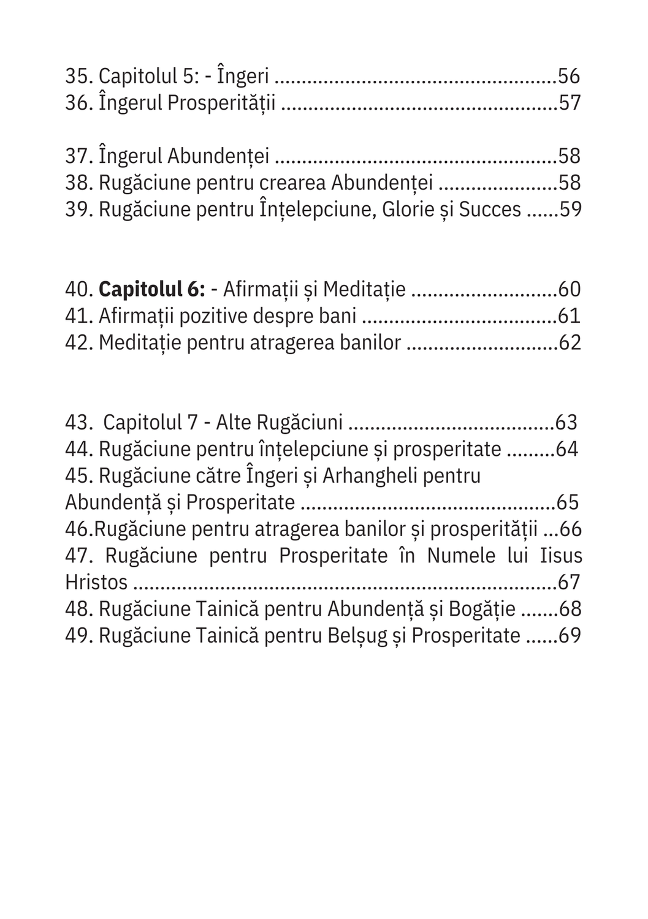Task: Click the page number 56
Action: (x=569, y=77)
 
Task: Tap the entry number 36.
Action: (x=78, y=103)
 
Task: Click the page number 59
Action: (x=570, y=210)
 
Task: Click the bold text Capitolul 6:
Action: (x=151, y=289)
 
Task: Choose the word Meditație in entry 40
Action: (x=364, y=289)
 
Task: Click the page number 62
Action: (x=570, y=342)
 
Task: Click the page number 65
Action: (x=567, y=502)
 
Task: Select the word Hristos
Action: (x=96, y=583)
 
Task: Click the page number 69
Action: (x=570, y=635)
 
